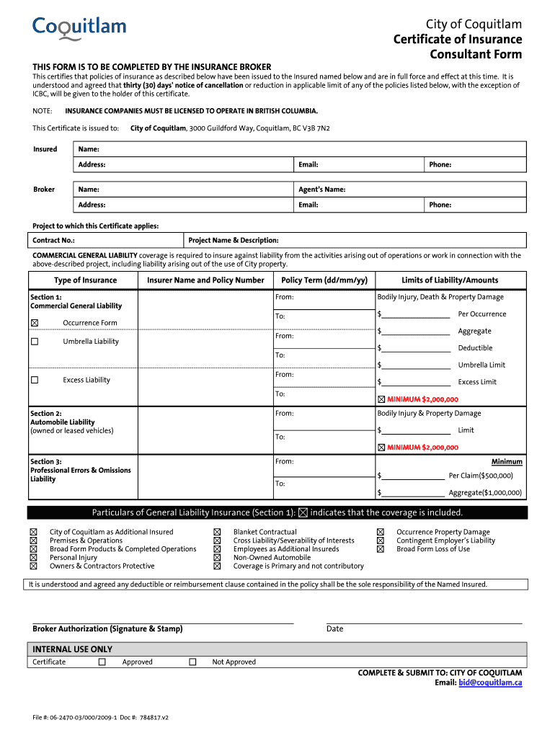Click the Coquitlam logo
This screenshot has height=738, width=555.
[x=79, y=29]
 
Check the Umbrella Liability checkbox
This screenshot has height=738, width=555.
[x=35, y=342]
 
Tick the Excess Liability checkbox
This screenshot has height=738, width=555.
[x=35, y=380]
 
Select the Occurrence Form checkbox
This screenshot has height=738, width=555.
[x=35, y=323]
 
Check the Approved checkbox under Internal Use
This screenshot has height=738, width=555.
[x=102, y=662]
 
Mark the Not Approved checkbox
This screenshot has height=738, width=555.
[x=192, y=662]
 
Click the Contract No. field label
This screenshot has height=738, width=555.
[x=54, y=241]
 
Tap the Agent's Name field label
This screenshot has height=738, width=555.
[x=321, y=190]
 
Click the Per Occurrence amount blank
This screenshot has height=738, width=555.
[x=416, y=314]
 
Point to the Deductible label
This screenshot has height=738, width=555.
[x=475, y=348]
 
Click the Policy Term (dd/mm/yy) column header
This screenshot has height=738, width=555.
[x=324, y=280]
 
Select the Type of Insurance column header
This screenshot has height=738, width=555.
[x=85, y=280]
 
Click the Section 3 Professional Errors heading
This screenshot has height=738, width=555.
[x=81, y=470]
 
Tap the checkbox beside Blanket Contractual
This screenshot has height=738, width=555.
[x=217, y=532]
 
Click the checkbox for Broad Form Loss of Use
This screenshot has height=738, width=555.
[x=381, y=549]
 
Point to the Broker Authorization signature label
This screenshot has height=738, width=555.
[x=107, y=629]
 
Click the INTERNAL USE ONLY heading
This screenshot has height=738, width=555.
[x=73, y=649]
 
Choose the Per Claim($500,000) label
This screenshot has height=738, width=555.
[x=481, y=476]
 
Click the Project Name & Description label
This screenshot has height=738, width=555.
[x=234, y=241]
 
